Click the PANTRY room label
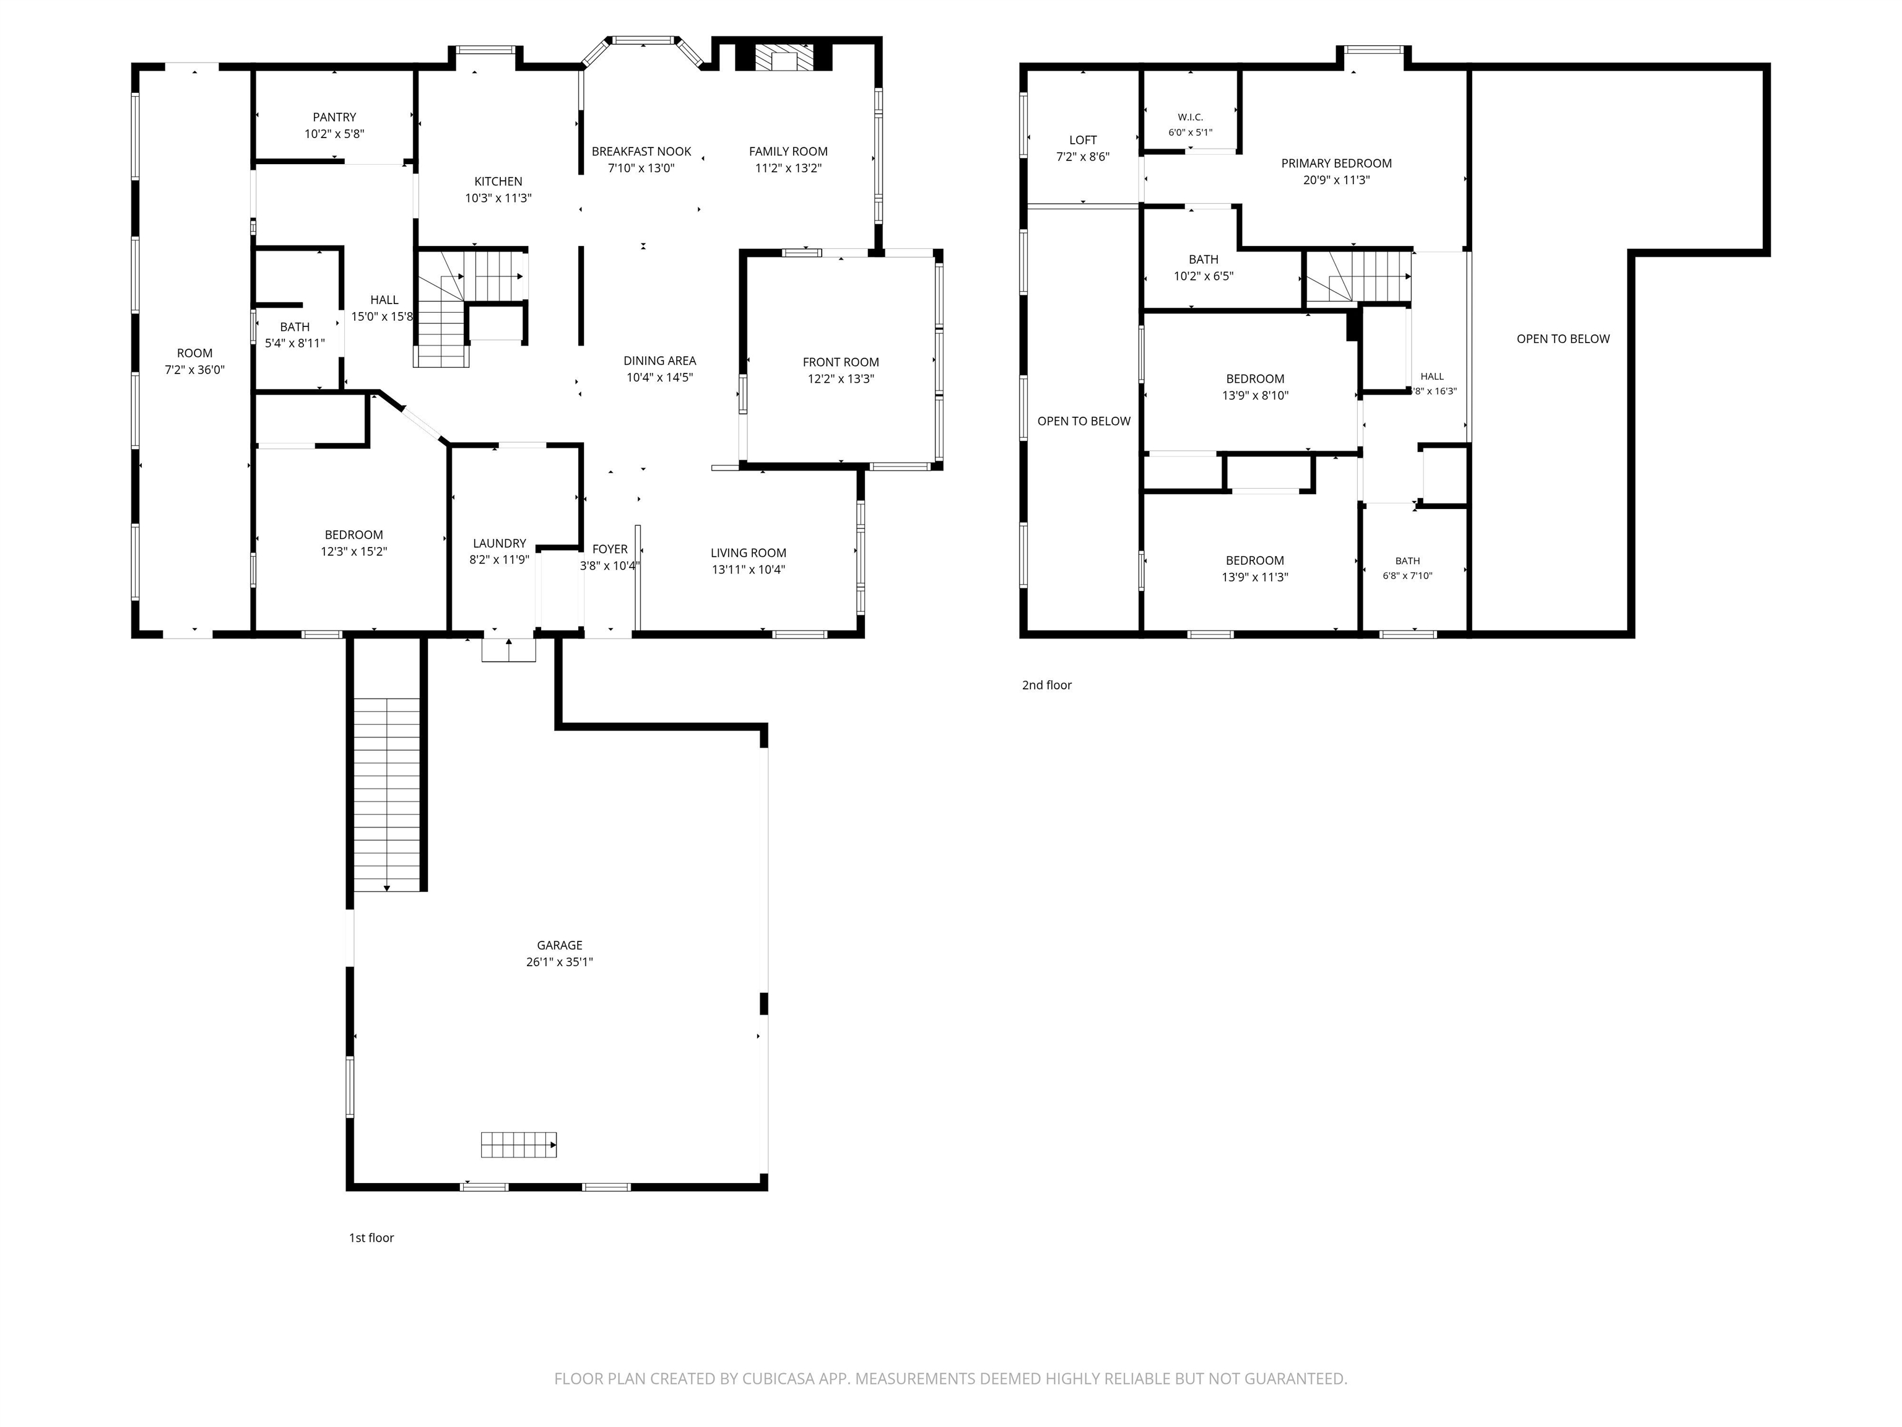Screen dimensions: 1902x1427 (334, 117)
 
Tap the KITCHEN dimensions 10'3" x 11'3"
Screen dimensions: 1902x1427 (498, 198)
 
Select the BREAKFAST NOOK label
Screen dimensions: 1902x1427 (641, 151)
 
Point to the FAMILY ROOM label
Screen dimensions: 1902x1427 (789, 151)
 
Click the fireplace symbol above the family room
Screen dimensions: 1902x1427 (783, 58)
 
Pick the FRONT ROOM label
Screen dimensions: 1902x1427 (841, 362)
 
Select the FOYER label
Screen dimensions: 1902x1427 (610, 549)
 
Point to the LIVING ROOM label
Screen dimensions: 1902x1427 (748, 553)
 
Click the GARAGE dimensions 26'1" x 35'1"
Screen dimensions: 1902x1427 (560, 962)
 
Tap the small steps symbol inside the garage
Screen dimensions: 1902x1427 (518, 1145)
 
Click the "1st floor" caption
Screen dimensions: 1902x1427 (371, 1237)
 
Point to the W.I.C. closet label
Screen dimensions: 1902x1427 (1190, 117)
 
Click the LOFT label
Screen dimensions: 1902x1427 (1083, 140)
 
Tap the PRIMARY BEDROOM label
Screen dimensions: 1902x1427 (1336, 164)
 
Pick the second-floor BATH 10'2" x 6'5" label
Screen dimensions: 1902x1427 (1204, 259)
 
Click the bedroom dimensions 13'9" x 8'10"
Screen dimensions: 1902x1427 (1256, 396)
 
